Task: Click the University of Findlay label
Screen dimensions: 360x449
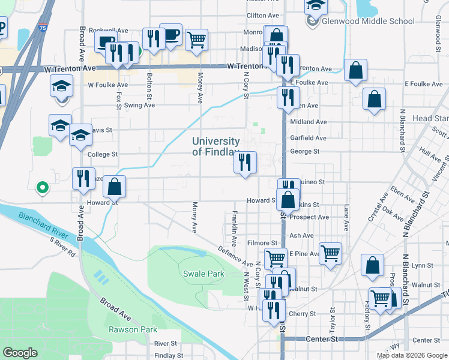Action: [x=215, y=147]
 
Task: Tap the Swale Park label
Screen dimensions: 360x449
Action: [x=203, y=274]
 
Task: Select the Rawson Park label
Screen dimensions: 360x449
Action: [x=133, y=329]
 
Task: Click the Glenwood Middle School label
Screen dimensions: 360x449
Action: [x=368, y=21]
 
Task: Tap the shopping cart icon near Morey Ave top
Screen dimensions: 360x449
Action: [x=197, y=40]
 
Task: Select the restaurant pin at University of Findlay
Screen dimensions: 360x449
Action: [x=245, y=162]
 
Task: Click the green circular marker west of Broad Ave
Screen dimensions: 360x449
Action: [x=42, y=188]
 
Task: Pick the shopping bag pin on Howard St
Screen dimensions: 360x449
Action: [x=114, y=187]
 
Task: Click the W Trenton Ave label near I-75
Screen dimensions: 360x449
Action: [x=70, y=69]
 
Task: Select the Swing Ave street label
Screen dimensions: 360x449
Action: [x=139, y=105]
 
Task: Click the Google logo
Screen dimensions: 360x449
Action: [x=20, y=353]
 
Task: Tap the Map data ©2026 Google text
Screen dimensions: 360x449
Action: [x=411, y=355]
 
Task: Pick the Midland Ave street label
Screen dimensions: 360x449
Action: [x=308, y=122]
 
